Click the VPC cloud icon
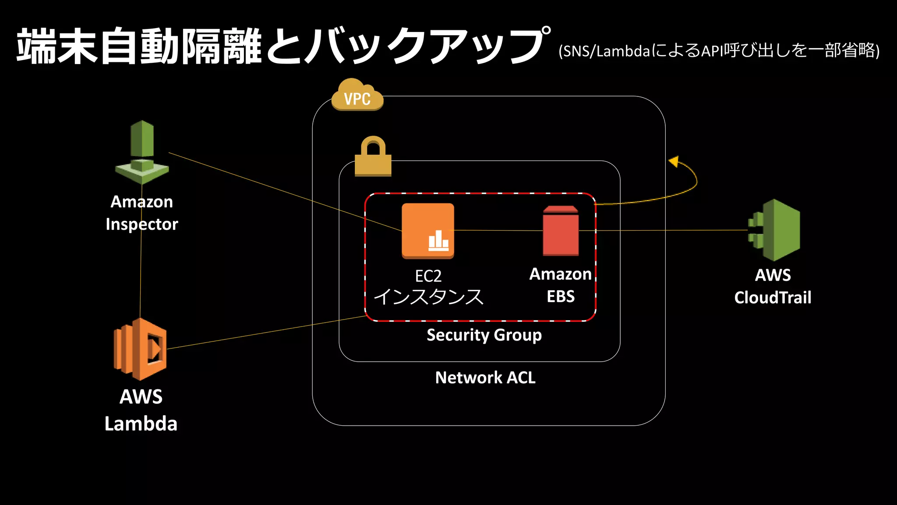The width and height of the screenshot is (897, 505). (x=357, y=96)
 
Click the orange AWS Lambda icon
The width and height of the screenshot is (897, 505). (x=140, y=349)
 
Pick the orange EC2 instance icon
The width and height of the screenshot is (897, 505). (x=427, y=230)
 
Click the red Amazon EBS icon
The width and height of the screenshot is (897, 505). (x=561, y=231)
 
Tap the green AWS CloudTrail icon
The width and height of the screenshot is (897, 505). (x=774, y=230)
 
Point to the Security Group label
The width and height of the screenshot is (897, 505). (x=484, y=335)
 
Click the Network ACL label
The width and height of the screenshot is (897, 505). (x=485, y=377)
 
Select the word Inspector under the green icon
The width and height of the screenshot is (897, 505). (x=142, y=224)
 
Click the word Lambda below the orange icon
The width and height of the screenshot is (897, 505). (x=141, y=424)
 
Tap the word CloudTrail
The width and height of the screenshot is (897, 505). (x=773, y=298)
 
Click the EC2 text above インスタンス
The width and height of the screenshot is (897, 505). (x=428, y=276)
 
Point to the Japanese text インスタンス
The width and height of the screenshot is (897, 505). (x=428, y=297)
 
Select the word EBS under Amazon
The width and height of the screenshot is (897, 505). (x=561, y=297)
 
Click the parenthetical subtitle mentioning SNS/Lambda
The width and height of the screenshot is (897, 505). (x=719, y=51)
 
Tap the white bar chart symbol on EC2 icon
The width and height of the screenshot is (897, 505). (x=438, y=241)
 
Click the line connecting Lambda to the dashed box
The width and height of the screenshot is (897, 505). (x=263, y=333)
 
